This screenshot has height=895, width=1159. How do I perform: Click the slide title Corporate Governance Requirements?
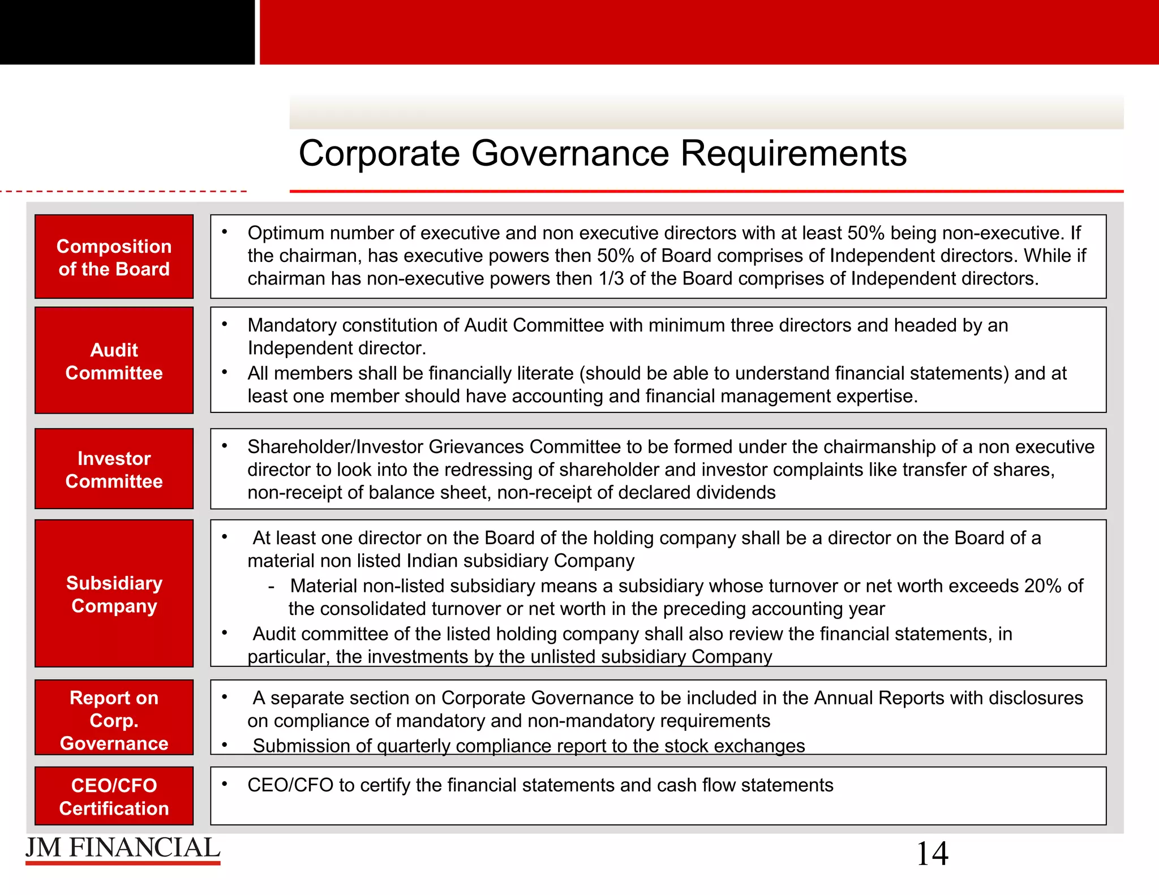pyautogui.click(x=602, y=153)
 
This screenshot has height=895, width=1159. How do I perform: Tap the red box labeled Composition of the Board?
pyautogui.click(x=114, y=257)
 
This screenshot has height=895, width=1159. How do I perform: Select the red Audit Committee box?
pyautogui.click(x=114, y=360)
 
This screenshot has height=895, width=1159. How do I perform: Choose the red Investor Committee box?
pyautogui.click(x=114, y=469)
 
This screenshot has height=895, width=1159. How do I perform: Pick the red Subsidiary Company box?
pyautogui.click(x=114, y=593)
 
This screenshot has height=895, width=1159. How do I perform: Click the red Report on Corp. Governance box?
pyautogui.click(x=114, y=718)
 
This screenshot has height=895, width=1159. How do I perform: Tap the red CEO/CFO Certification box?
pyautogui.click(x=114, y=796)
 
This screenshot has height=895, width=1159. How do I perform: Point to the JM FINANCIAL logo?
pyautogui.click(x=123, y=849)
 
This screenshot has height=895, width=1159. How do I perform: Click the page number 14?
pyautogui.click(x=932, y=854)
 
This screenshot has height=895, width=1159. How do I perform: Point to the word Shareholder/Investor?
pyautogui.click(x=335, y=447)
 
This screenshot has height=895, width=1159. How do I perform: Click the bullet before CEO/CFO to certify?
pyautogui.click(x=225, y=784)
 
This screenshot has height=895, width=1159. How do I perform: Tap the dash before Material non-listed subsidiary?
pyautogui.click(x=272, y=587)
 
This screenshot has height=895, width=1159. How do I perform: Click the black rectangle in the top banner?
pyautogui.click(x=127, y=32)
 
